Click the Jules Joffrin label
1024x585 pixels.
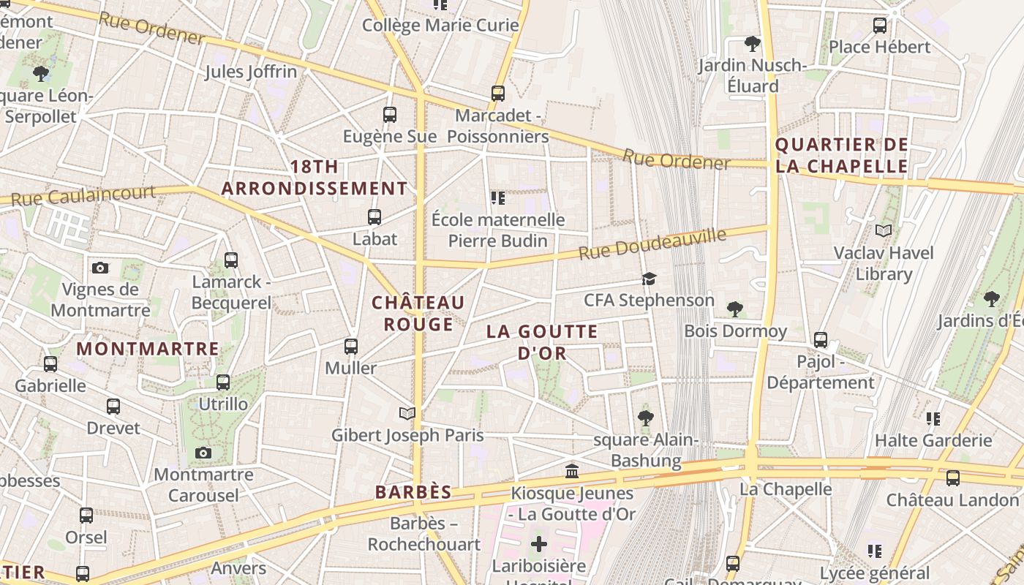(x=250, y=72)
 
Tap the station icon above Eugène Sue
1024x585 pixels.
(x=389, y=115)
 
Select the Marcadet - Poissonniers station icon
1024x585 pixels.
(x=497, y=94)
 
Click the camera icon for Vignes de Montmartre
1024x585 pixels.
(x=100, y=268)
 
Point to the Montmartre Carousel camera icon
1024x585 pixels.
(x=203, y=453)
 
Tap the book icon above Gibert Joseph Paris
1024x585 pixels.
(x=407, y=414)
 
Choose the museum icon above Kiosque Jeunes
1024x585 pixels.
(x=572, y=471)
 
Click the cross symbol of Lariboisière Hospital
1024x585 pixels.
(x=539, y=544)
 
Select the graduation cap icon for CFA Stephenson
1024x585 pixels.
(x=649, y=279)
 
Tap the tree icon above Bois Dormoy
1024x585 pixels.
(x=735, y=309)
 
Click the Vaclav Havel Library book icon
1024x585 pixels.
(x=884, y=231)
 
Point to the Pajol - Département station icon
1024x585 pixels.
(x=821, y=340)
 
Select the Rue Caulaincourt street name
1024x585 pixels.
(x=83, y=195)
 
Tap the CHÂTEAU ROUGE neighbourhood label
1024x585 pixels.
(x=418, y=313)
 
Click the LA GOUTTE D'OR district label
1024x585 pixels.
(x=542, y=341)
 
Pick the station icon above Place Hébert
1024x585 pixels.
(x=880, y=26)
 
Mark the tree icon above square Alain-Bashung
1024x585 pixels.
(x=645, y=418)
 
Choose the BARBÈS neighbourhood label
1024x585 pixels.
(x=413, y=492)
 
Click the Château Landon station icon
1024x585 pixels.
(x=952, y=478)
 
